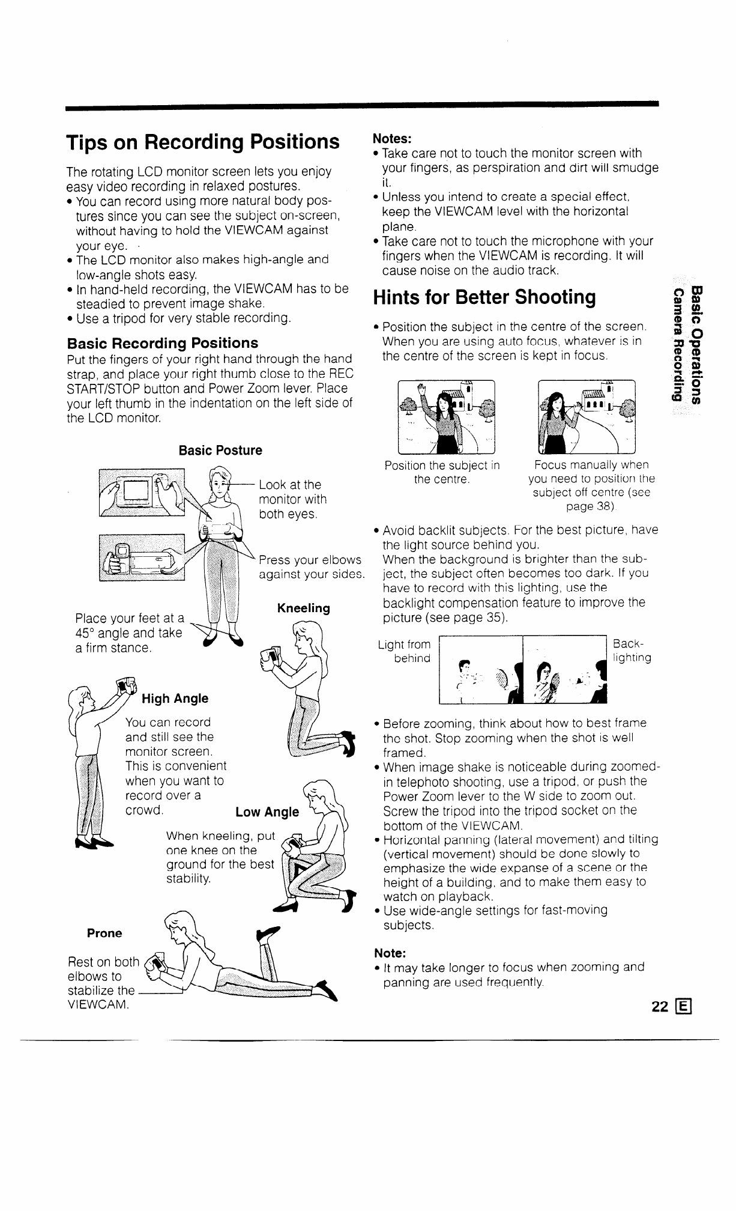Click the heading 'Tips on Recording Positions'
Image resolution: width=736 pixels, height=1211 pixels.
pos(203,142)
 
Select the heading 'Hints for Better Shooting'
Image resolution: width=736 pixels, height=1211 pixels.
pos(484,297)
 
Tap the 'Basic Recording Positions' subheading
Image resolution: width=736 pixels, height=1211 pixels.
pos(163,343)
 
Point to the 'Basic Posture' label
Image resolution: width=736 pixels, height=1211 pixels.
pos(220,451)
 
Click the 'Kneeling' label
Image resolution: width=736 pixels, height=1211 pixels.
pos(303,608)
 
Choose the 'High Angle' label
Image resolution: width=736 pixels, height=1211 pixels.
pos(175,698)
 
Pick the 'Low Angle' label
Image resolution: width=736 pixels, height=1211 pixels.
pos(267,812)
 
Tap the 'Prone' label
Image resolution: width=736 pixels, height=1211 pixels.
pos(104,933)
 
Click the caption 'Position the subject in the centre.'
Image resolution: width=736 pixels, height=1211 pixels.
pos(442,472)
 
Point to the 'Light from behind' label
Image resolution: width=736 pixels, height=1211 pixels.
pos(405,651)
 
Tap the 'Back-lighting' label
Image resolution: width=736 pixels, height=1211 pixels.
pos(632,651)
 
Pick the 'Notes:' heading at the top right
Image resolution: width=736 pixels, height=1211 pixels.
pos(392,138)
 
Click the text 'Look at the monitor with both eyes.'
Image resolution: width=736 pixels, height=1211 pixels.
pos(292,499)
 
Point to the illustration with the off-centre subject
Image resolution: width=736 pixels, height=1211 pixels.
pos(587,417)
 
